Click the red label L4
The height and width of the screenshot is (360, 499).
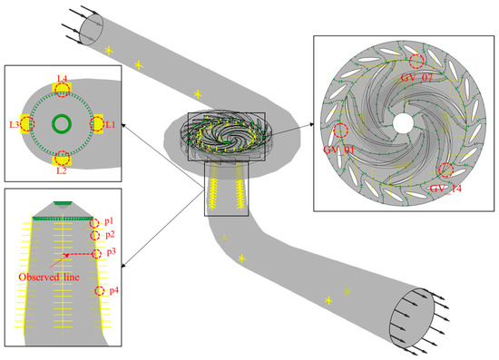[63, 80]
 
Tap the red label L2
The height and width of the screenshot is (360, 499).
[63, 170]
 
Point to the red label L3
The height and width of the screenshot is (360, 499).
[15, 122]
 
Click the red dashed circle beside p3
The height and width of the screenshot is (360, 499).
[97, 253]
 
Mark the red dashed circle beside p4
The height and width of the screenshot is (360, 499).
[100, 291]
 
